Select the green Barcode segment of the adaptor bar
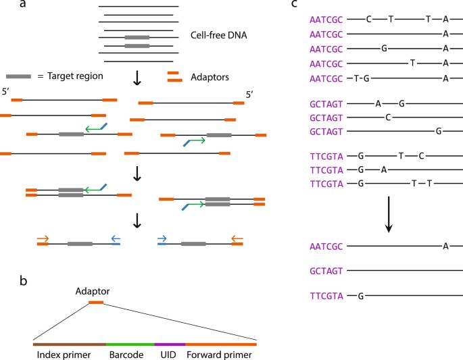point(130,344)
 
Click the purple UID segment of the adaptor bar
point(170,344)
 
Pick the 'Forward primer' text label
point(222,354)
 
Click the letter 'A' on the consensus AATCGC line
point(445,246)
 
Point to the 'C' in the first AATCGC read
point(368,20)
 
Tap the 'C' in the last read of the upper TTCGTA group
point(421,155)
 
